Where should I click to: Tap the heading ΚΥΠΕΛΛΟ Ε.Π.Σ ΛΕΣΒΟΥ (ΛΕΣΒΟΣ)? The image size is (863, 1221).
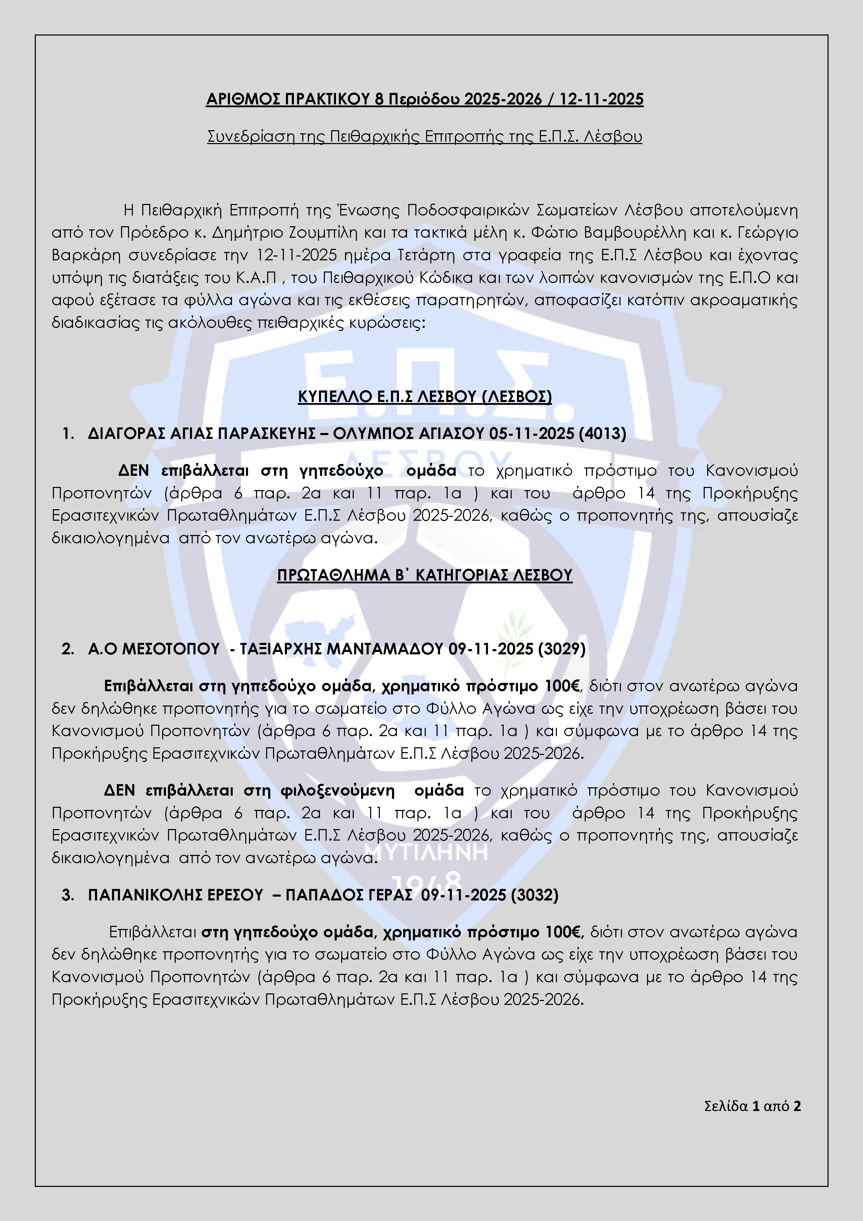point(425,397)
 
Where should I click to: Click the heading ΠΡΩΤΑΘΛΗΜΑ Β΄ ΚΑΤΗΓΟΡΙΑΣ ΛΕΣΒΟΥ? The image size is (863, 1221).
point(425,575)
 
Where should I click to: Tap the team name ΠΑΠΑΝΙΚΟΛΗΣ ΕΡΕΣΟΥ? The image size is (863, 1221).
point(175,895)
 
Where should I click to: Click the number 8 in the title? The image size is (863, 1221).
point(379,100)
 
